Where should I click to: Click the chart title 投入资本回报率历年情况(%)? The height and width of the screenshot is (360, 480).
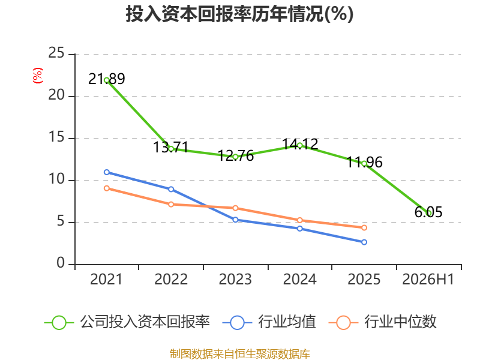point(239,14)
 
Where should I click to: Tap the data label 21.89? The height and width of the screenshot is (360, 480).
point(107,79)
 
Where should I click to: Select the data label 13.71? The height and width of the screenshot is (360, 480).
point(171,147)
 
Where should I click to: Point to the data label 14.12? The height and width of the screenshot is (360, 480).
point(300,144)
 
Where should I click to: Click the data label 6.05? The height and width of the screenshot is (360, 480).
point(428,212)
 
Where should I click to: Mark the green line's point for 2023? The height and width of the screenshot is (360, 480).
point(235,157)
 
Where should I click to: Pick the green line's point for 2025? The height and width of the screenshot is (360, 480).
point(364,164)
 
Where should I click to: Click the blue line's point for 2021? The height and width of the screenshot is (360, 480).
point(107,172)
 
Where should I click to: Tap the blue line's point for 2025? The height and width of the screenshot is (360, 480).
point(364,242)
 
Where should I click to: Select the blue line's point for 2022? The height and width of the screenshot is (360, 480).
point(171,189)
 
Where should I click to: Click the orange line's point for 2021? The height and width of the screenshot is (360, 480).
point(107,188)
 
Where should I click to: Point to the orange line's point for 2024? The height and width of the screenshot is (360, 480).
point(300,220)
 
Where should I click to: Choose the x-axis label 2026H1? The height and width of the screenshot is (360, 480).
point(428,279)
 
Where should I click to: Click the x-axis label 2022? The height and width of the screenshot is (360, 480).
point(171,279)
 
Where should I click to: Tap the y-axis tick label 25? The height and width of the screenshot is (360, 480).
point(56,53)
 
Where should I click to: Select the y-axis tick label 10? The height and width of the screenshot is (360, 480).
point(56,179)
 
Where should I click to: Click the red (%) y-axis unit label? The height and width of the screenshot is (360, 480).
point(38,76)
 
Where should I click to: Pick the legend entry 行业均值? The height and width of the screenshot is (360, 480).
point(269,322)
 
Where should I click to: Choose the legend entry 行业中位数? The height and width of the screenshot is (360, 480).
point(382,322)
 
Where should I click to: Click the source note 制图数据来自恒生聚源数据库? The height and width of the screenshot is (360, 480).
point(240,354)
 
